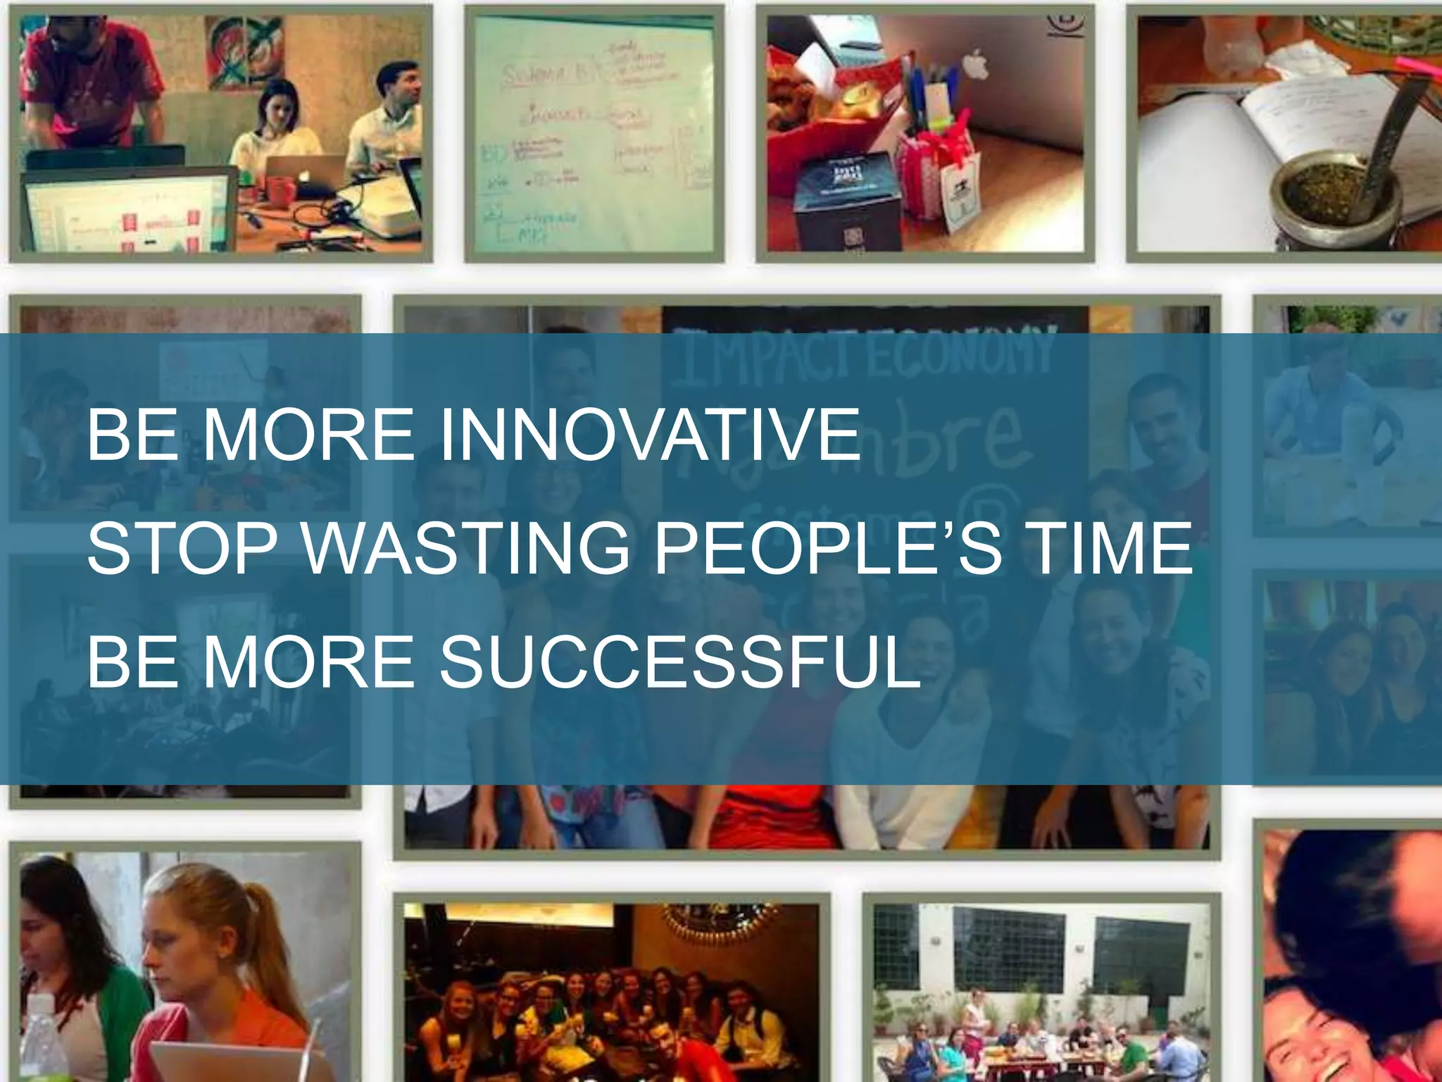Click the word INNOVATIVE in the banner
[649, 435]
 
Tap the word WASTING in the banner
[466, 549]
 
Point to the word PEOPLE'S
[828, 549]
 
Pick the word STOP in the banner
[182, 549]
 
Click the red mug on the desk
[280, 190]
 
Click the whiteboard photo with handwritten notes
[594, 134]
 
